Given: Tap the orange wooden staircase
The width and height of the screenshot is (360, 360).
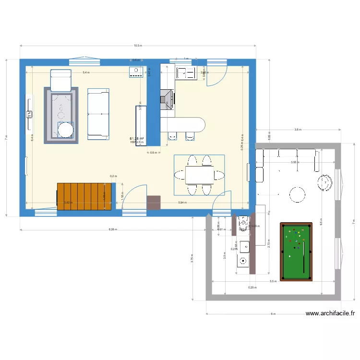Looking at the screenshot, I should click(84, 197).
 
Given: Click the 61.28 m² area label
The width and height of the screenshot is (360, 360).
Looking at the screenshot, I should click(137, 138).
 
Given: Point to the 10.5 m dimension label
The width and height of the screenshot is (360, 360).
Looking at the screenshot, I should click(138, 46).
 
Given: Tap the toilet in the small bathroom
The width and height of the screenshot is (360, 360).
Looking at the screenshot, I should click(242, 223).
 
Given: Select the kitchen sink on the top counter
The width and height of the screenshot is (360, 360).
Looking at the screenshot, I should click(186, 73).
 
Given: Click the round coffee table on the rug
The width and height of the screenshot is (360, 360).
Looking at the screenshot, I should click(65, 130).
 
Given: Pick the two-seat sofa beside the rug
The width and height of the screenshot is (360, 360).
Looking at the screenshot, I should click(98, 114).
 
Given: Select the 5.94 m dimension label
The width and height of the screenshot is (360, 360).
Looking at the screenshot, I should click(182, 203).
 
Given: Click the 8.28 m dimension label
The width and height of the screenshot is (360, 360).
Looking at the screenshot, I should click(112, 230).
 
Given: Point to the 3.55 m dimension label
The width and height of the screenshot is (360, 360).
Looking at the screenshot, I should click(294, 162).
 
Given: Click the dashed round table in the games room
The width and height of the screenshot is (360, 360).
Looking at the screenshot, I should click(297, 194).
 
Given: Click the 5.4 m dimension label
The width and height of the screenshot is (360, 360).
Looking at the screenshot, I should click(86, 72).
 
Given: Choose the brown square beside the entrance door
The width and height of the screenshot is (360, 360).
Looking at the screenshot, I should click(154, 203).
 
